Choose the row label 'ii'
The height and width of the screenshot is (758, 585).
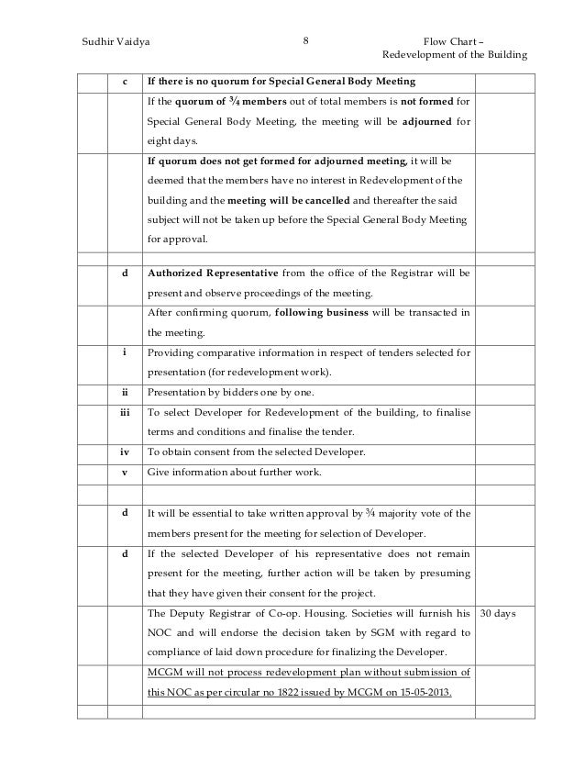point(124,394)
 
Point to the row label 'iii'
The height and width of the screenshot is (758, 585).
point(124,413)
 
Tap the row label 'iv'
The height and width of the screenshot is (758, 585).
point(124,452)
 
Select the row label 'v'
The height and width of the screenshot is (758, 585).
point(124,473)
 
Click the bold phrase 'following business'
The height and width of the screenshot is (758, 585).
point(327,313)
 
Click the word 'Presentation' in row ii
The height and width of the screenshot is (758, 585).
point(178,394)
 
